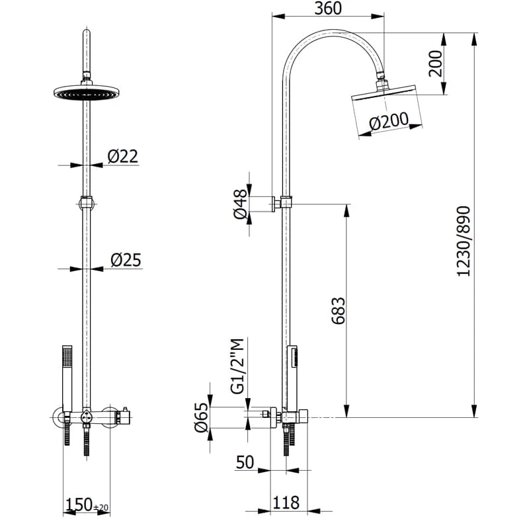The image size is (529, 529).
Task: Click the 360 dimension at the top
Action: coord(328,9)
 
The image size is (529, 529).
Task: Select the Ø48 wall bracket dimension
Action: coord(241,204)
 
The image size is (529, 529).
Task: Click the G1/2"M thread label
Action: coord(238,366)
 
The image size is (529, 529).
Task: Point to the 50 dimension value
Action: coord(245,462)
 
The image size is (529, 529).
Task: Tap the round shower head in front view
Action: coord(85,94)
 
